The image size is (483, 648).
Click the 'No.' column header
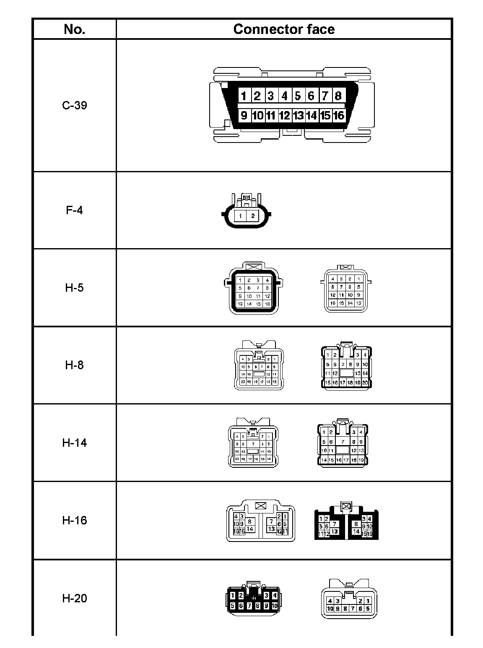(x=74, y=29)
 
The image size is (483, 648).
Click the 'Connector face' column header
(x=283, y=29)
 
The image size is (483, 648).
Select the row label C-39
(x=74, y=105)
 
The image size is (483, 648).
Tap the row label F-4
(x=74, y=210)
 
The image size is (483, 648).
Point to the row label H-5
(x=74, y=288)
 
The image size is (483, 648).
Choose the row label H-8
(x=74, y=365)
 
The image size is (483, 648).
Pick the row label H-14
(x=74, y=443)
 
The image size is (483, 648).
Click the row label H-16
(x=74, y=520)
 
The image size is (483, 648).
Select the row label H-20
(x=74, y=598)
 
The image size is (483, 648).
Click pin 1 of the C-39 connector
(x=244, y=96)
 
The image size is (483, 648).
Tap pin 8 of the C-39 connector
(x=338, y=96)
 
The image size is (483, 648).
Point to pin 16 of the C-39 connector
(x=338, y=115)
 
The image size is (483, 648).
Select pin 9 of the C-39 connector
(x=244, y=115)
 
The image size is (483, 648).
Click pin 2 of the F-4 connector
(x=253, y=216)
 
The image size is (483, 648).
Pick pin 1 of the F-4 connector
(x=240, y=216)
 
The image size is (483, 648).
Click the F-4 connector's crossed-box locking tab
(x=247, y=197)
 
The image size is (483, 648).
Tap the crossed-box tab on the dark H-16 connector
(x=346, y=506)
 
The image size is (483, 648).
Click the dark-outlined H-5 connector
(x=253, y=289)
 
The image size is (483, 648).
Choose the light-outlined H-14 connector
(x=253, y=443)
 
